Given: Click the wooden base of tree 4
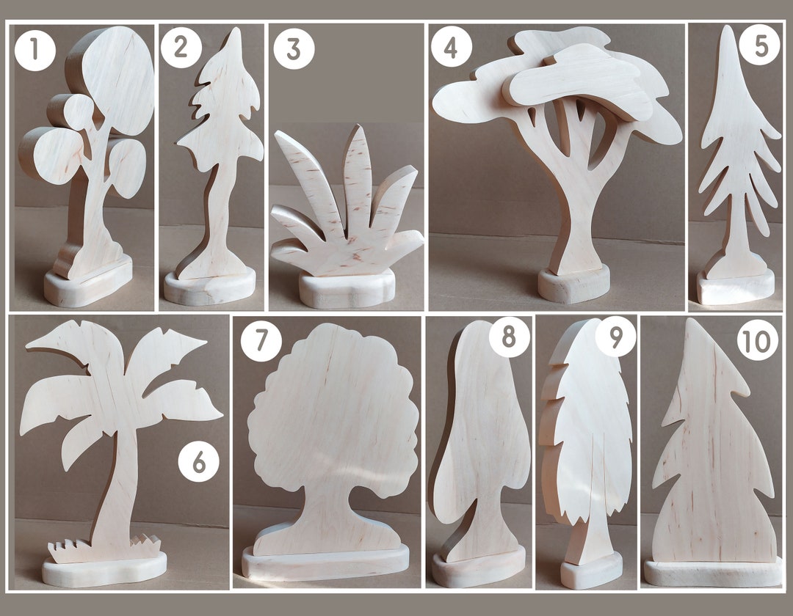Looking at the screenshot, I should click(x=573, y=285).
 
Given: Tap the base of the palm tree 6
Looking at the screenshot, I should click(x=103, y=571).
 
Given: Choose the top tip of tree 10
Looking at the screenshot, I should click(x=690, y=323).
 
